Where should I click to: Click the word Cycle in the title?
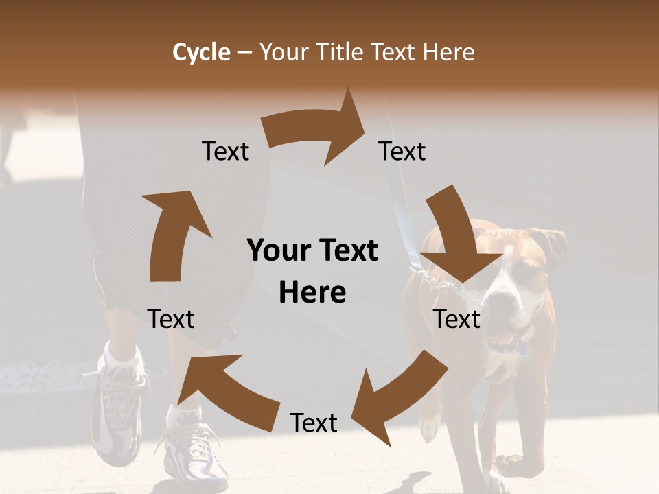click(201, 52)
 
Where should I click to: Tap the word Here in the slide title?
click(448, 52)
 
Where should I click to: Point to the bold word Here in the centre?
click(312, 292)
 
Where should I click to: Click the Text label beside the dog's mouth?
click(457, 319)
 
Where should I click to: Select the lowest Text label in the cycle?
click(314, 423)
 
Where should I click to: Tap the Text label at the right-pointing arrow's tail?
click(225, 151)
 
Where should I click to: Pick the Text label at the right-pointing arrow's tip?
click(402, 151)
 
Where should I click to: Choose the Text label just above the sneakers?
click(171, 319)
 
